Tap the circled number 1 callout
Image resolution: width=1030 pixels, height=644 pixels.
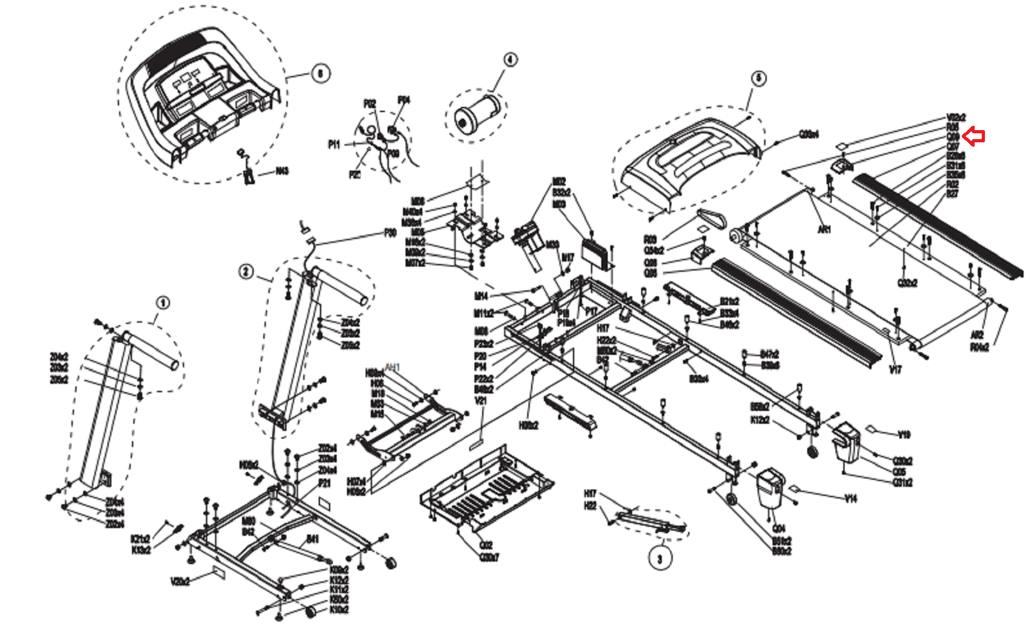[x=164, y=302]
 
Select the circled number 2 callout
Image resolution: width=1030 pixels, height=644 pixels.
[x=246, y=272]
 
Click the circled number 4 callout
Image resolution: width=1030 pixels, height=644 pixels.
[x=509, y=60]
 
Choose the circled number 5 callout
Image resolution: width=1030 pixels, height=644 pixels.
[x=758, y=78]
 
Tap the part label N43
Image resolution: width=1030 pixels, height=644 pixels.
[x=282, y=171]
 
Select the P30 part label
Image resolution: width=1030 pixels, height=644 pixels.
[x=390, y=233]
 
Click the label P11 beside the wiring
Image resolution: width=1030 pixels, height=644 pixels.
[x=333, y=145]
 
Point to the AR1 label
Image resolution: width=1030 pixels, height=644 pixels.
[x=824, y=229]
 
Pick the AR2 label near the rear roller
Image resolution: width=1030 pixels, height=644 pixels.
[x=977, y=336]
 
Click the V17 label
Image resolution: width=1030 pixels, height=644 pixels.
[x=895, y=369]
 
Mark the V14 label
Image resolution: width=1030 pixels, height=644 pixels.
[x=850, y=498]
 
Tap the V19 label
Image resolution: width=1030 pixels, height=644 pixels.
[x=904, y=435]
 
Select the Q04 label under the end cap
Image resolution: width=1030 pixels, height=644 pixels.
[x=778, y=529]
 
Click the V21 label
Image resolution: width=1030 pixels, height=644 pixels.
[x=481, y=401]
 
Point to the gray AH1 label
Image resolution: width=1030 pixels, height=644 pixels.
[x=392, y=367]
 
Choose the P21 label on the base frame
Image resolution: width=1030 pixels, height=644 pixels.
[x=324, y=483]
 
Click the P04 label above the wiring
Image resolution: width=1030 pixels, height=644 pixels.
[x=404, y=100]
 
